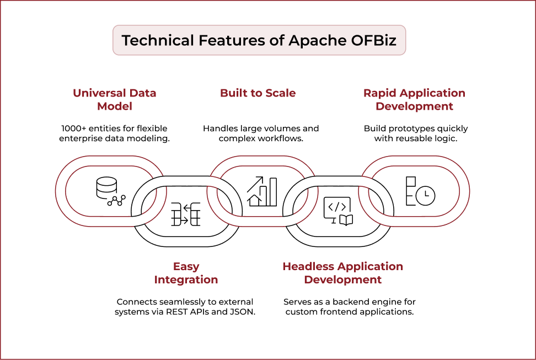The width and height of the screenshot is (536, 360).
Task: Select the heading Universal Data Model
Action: (x=115, y=99)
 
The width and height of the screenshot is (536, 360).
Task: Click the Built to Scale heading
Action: (x=258, y=93)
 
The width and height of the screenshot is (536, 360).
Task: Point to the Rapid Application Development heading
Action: (x=414, y=99)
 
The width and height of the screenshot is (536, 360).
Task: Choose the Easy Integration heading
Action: (x=186, y=273)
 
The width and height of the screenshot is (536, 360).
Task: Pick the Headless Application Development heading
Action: (x=342, y=273)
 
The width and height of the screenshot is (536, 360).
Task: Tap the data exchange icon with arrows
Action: (x=185, y=214)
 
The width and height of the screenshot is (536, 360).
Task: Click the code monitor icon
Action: (x=337, y=211)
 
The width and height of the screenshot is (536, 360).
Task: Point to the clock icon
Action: (x=425, y=195)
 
